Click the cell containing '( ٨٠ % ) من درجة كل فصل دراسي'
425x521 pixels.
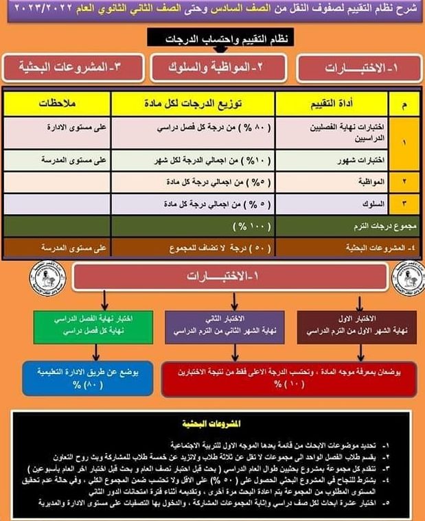[194, 128]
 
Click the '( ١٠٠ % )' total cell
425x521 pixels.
[194, 224]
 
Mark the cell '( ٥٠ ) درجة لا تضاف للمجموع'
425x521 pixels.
[194, 248]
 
